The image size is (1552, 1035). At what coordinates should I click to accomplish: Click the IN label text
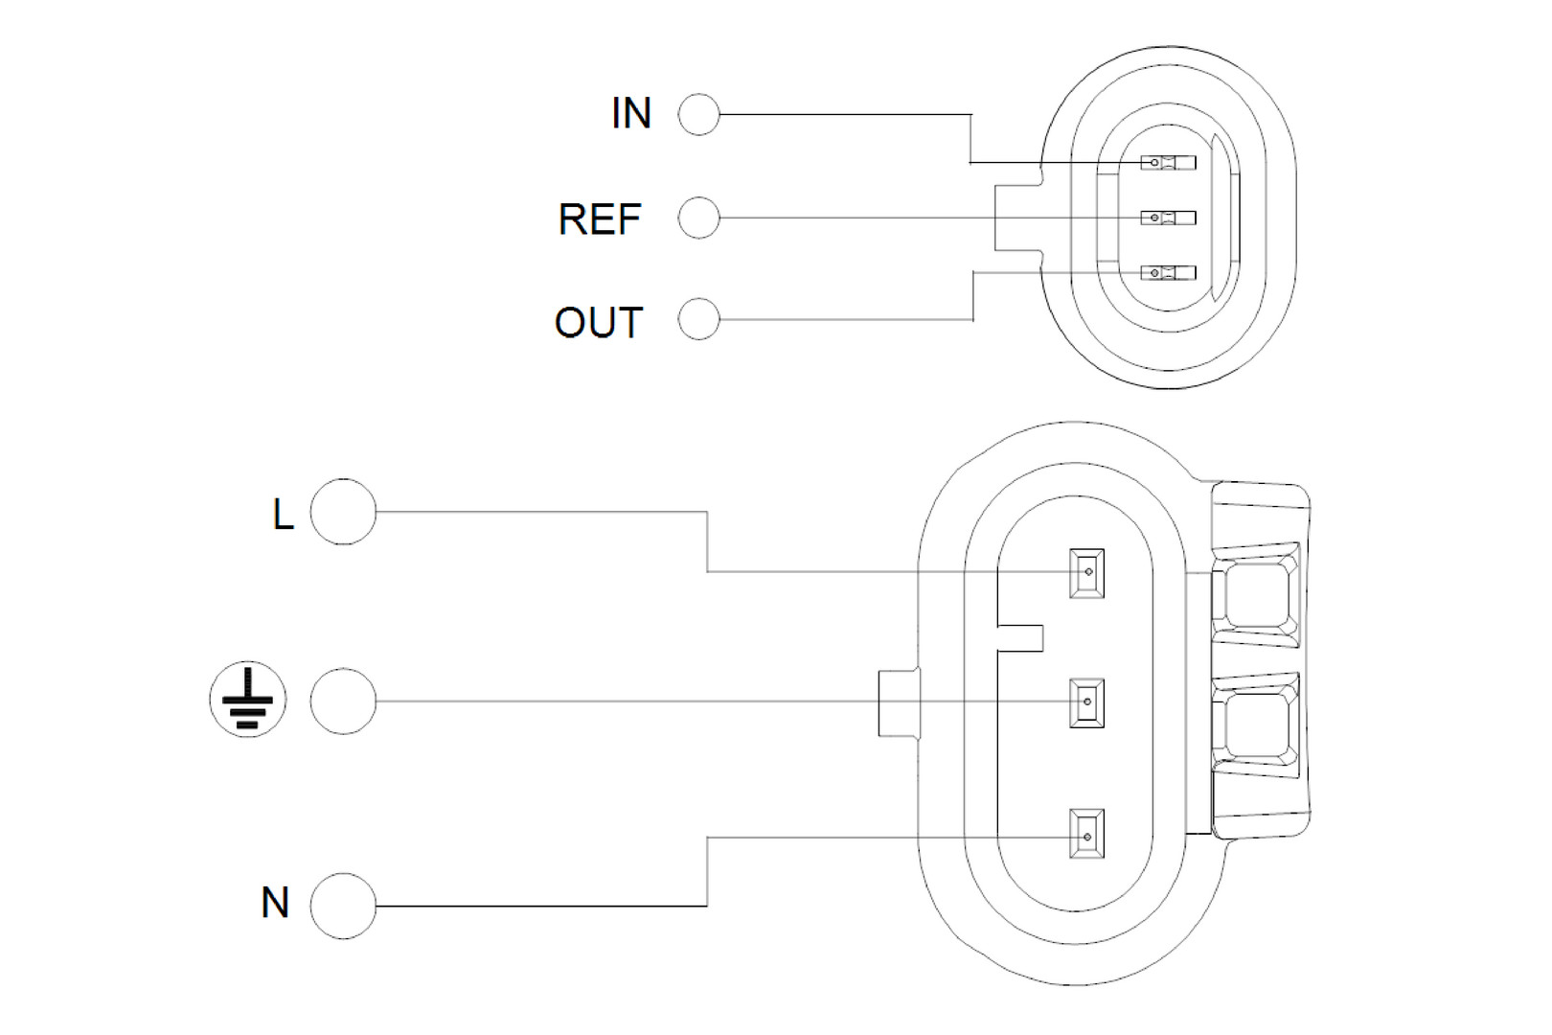[631, 114]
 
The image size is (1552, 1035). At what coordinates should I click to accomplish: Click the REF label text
[600, 219]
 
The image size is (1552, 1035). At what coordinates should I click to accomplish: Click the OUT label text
[599, 323]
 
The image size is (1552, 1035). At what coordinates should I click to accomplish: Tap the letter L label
[282, 515]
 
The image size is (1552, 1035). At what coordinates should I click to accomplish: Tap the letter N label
[275, 903]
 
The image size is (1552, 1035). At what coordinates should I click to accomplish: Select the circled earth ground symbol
[248, 700]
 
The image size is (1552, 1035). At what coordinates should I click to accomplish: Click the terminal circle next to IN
[698, 115]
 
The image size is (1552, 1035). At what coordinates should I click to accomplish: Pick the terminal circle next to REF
[698, 218]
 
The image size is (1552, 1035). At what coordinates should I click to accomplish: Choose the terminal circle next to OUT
[698, 319]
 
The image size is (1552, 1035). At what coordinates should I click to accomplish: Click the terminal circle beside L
[343, 513]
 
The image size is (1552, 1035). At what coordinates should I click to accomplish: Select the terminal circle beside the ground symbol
[343, 701]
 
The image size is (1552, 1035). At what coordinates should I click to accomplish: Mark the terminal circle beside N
[343, 906]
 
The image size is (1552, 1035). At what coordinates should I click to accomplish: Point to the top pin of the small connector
[1168, 163]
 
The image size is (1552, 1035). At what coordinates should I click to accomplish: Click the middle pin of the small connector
[1168, 218]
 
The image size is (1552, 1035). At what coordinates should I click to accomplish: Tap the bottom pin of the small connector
[1168, 274]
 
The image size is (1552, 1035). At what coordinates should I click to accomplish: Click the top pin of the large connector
[1087, 573]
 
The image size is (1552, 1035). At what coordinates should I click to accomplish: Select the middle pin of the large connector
[1087, 702]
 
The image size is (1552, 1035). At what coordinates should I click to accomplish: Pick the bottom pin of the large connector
[1087, 836]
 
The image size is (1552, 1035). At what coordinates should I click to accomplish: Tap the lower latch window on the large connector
[1256, 724]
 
